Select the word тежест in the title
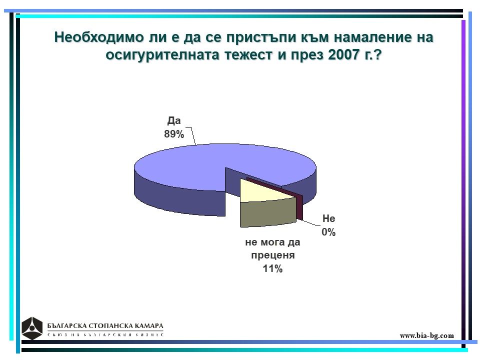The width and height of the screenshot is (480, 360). [x=248, y=55]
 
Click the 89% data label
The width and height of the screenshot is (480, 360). [x=174, y=134]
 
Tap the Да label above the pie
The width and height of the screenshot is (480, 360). [x=174, y=120]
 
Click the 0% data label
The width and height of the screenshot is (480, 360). [x=328, y=232]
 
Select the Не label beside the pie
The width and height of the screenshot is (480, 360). [x=329, y=218]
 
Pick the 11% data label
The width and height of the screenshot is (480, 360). [x=272, y=269]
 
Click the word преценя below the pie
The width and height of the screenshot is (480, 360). [x=273, y=255]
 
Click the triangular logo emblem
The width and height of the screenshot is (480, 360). [x=32, y=328]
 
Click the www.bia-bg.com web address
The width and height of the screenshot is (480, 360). [x=426, y=335]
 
